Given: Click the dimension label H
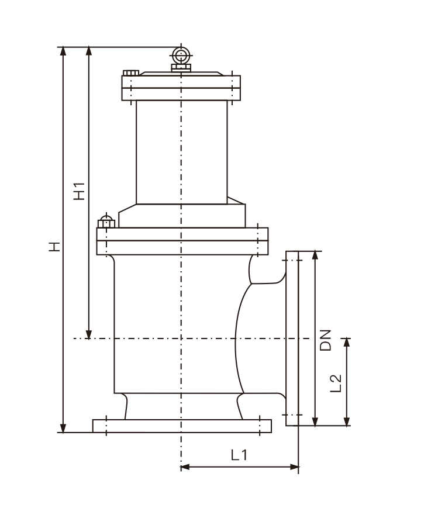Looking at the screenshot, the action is [x=54, y=246].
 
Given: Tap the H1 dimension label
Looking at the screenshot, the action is [x=80, y=191].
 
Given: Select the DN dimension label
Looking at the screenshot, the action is [x=325, y=340].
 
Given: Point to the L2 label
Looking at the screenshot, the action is [x=336, y=383].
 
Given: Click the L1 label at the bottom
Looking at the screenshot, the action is [x=240, y=455].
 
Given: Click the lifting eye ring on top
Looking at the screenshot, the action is [x=181, y=56].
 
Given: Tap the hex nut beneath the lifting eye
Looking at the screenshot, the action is [x=181, y=68].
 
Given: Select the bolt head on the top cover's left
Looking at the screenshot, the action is [x=131, y=73].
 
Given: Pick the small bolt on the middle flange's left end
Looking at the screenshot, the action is [x=106, y=221].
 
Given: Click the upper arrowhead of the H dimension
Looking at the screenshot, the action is [x=63, y=51].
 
